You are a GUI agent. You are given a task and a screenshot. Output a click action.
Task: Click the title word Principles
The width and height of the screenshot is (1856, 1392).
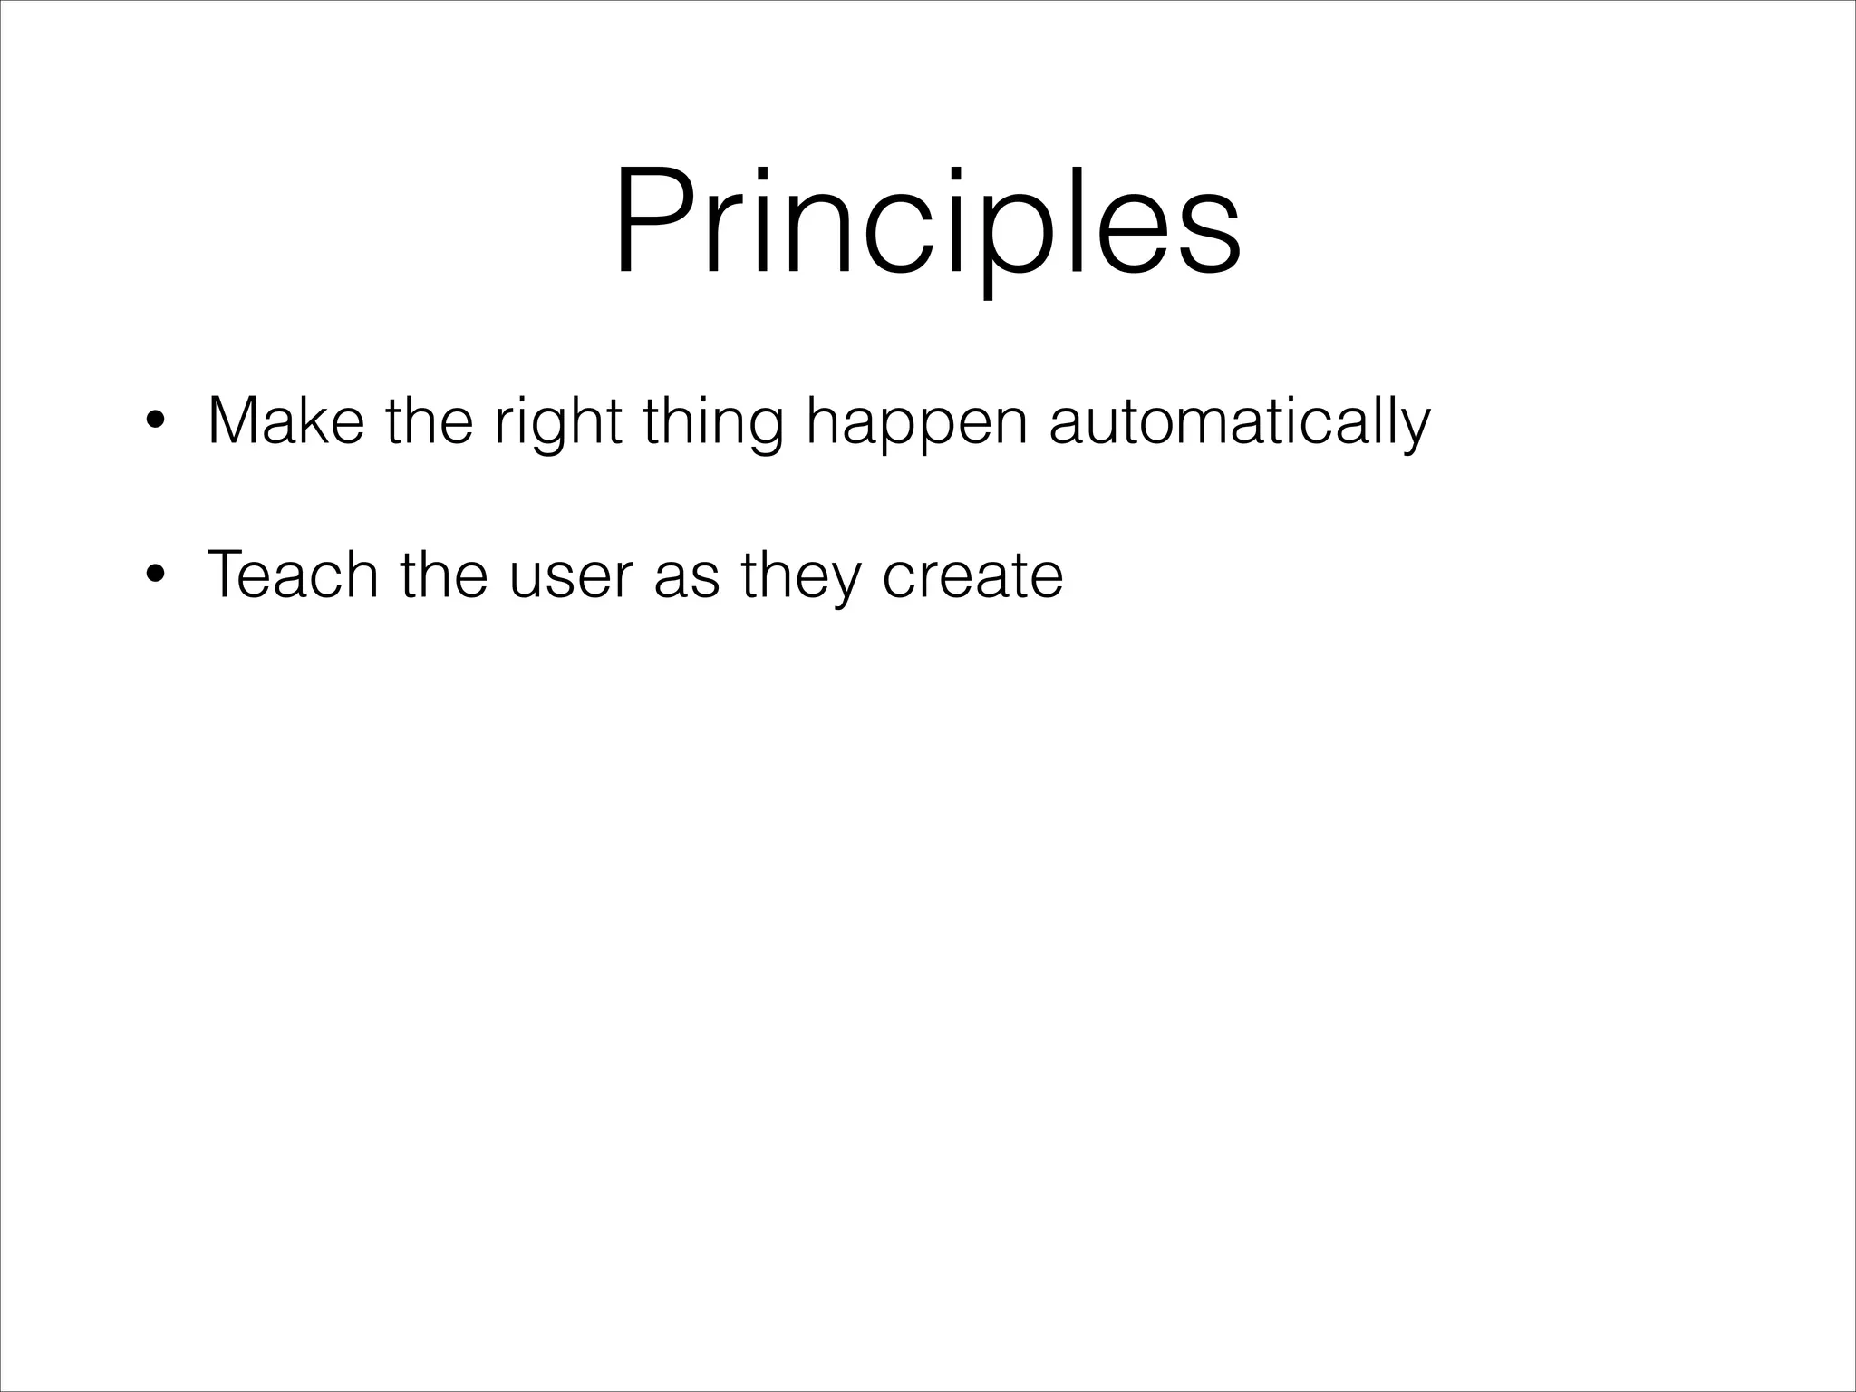pos(926,222)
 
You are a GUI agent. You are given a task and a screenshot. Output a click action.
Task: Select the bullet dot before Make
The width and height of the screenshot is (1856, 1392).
pos(156,421)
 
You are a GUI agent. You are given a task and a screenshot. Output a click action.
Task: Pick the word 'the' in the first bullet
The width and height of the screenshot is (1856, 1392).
pos(429,421)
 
